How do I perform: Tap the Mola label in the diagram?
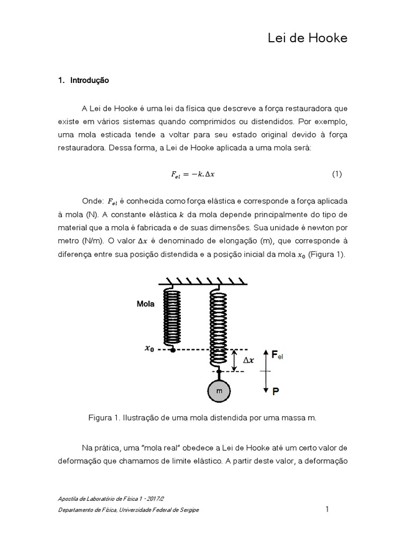(145, 304)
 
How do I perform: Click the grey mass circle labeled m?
(218, 391)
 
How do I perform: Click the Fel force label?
(277, 356)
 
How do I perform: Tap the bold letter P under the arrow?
(276, 391)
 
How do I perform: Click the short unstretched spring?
(173, 317)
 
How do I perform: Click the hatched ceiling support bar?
(205, 280)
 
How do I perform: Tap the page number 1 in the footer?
(327, 509)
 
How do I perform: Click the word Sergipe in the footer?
(188, 510)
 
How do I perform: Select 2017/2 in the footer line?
(156, 499)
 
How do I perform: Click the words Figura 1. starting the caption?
(103, 417)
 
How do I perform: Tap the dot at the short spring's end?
(173, 350)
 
